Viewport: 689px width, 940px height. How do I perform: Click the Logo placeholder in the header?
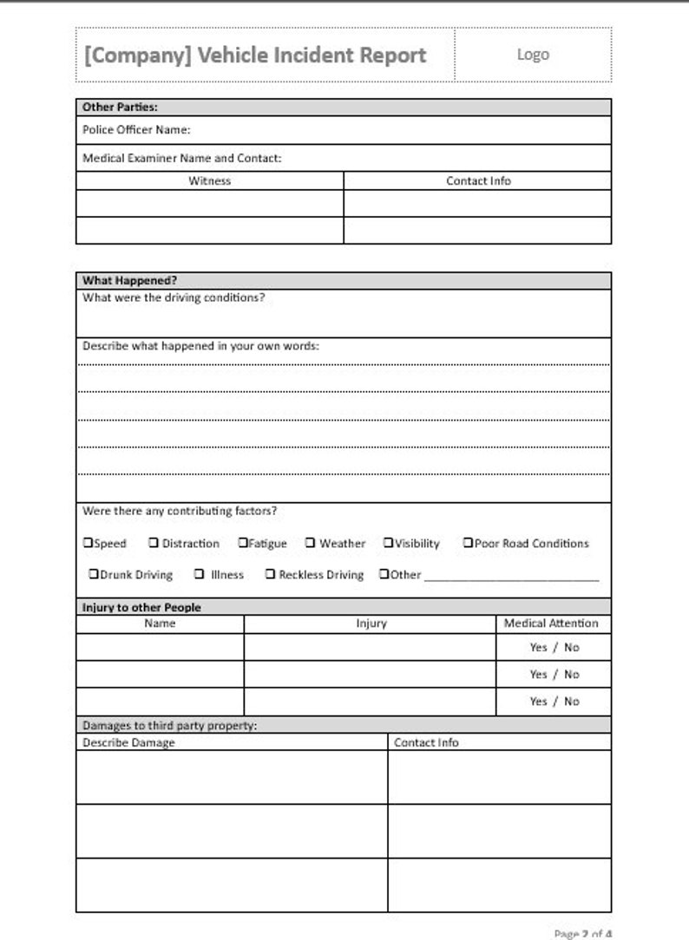533,54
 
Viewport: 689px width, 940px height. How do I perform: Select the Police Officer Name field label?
136,130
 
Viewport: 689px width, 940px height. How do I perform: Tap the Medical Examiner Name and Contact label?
181,158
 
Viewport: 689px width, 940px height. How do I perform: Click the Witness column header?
210,180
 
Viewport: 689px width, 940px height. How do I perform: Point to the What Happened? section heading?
129,280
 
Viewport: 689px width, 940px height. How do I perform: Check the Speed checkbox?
88,543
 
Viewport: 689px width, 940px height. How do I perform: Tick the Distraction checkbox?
154,543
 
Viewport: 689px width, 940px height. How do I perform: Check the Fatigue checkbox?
244,543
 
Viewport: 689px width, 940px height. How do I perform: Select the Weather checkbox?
310,543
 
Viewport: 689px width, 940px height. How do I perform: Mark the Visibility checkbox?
389,543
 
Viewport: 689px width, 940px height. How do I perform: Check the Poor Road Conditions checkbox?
468,543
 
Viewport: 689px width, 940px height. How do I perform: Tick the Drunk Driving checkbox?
94,574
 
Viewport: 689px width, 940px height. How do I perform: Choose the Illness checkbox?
200,574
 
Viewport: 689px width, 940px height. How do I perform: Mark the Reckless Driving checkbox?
270,574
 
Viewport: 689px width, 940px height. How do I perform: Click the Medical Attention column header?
551,623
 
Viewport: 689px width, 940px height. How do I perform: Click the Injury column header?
371,623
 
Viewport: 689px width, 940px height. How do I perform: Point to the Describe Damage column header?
128,742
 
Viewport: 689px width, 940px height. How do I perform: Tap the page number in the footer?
582,933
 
